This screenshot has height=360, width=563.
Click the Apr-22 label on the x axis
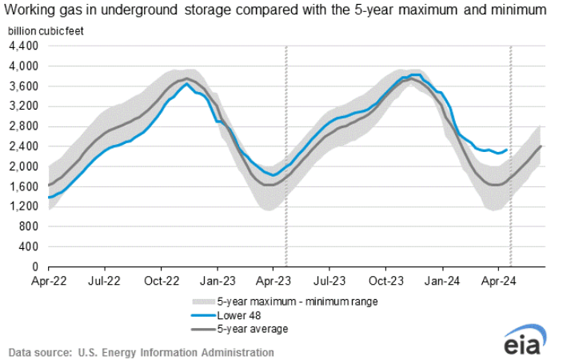tap(48, 282)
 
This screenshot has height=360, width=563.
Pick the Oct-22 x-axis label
tap(161, 282)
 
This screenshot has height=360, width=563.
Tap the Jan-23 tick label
tap(216, 282)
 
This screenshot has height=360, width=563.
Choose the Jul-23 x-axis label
tap(329, 282)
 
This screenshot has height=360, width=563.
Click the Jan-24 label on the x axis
tap(441, 282)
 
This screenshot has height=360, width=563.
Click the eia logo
tap(524, 340)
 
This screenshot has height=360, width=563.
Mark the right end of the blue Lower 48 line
tap(506, 150)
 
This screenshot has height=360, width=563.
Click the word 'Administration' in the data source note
tap(237, 352)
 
